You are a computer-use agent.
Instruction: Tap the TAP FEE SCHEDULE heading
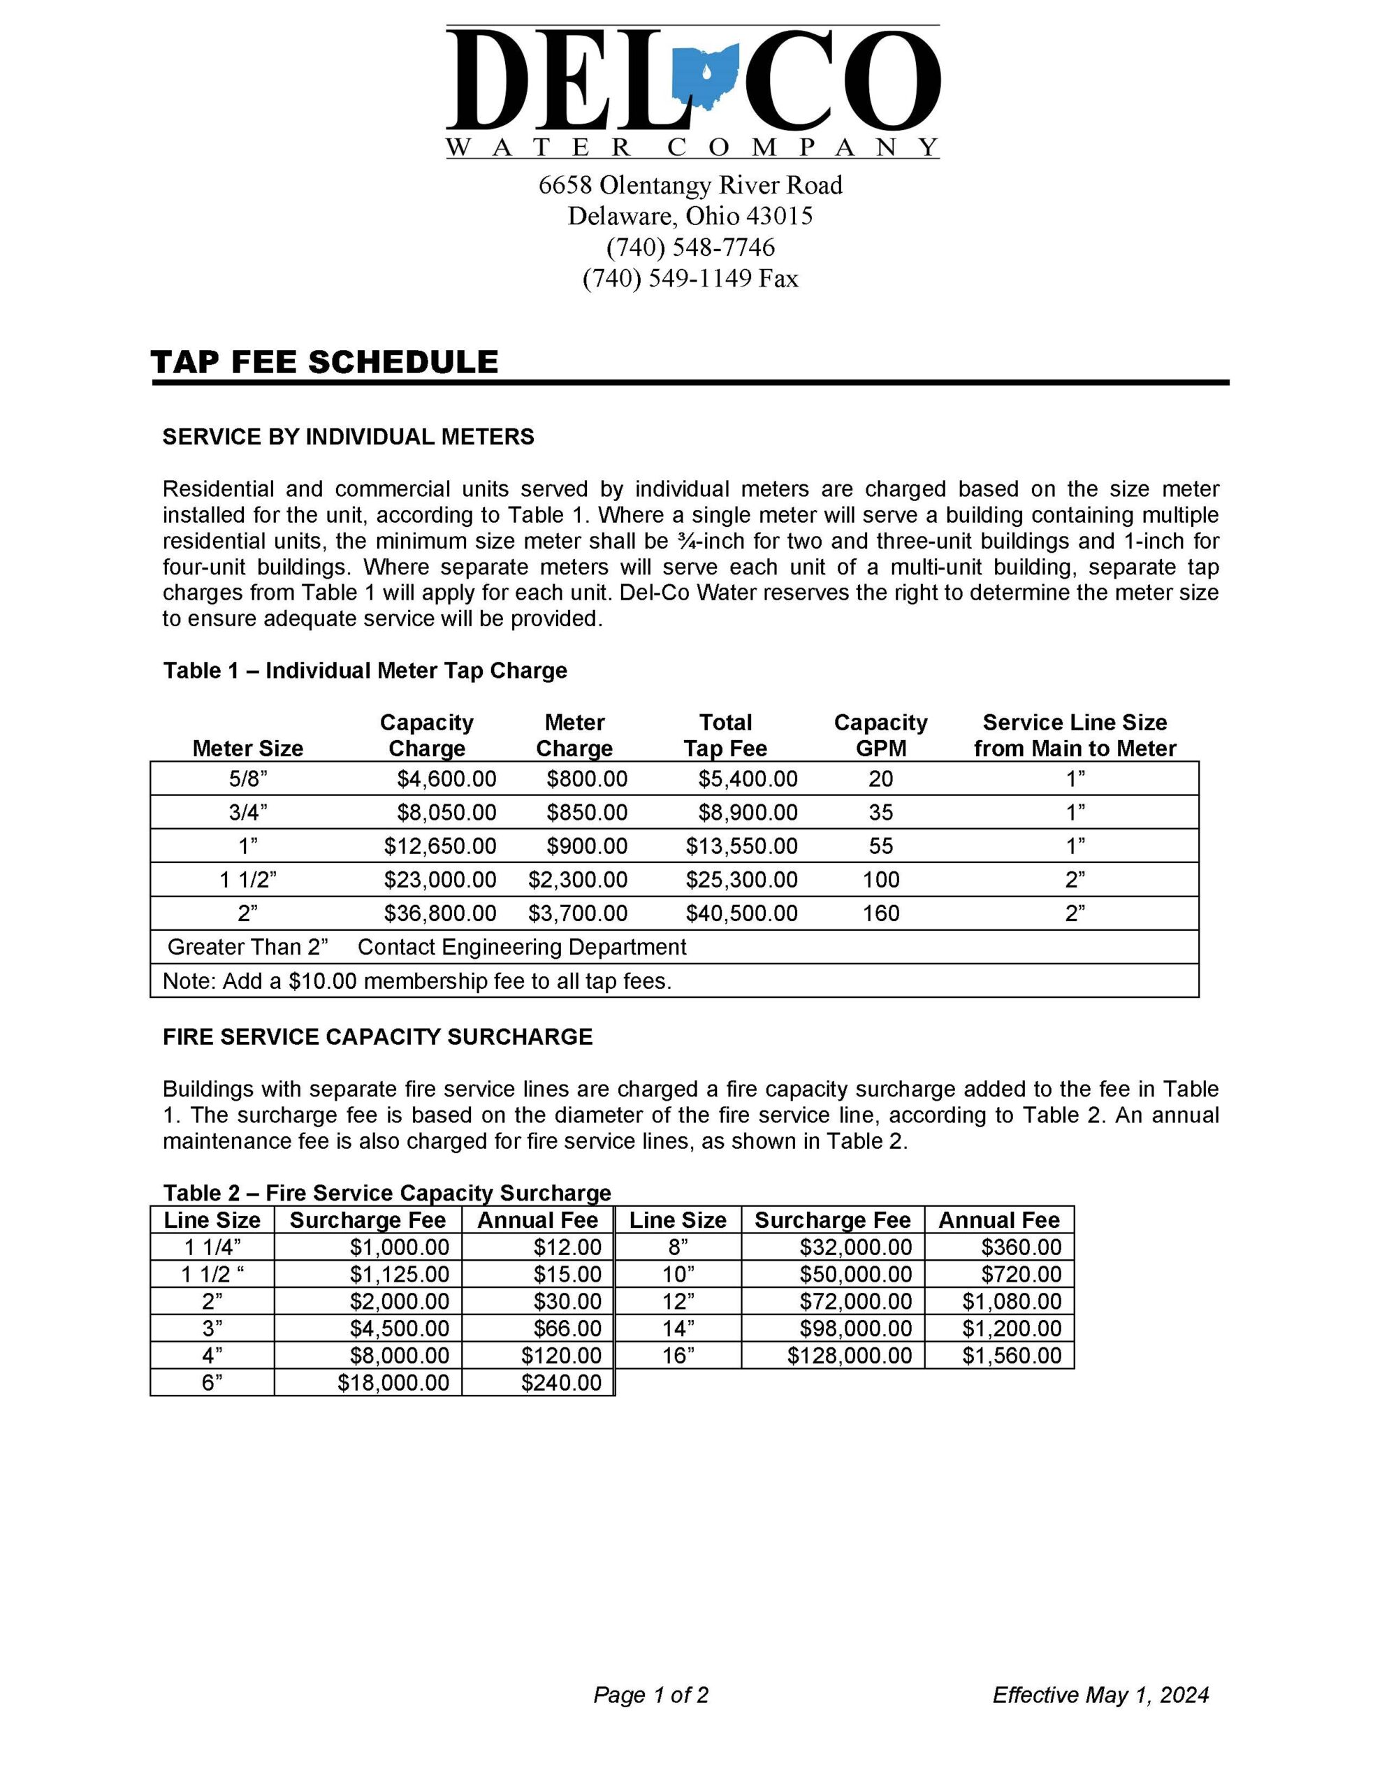324,362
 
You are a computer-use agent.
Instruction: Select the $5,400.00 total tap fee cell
747,779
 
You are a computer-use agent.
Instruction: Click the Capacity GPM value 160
880,913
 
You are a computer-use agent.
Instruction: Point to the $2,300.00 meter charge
578,880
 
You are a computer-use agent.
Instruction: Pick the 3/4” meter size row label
247,813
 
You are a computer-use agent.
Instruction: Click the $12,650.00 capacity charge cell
440,846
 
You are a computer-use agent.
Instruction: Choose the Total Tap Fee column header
725,736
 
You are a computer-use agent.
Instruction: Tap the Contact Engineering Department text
522,947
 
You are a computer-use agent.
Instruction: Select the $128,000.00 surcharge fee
850,1356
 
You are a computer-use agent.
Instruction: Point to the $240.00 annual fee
561,1383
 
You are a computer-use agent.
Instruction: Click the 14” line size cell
678,1328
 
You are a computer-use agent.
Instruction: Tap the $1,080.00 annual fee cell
1012,1302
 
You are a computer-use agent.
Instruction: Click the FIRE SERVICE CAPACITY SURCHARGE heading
378,1037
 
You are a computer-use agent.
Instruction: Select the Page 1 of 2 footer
651,1695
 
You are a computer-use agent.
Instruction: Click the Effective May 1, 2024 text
1100,1695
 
